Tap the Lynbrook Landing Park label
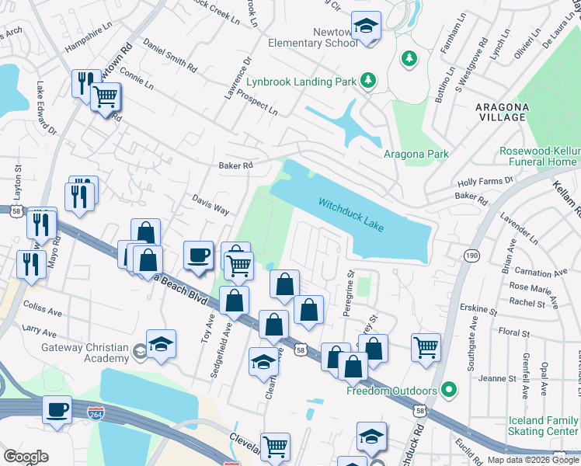[301, 81]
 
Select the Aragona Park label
[416, 154]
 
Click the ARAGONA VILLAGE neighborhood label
[502, 112]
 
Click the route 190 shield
[471, 255]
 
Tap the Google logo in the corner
[26, 456]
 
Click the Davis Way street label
[210, 204]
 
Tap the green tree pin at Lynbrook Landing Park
[409, 58]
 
